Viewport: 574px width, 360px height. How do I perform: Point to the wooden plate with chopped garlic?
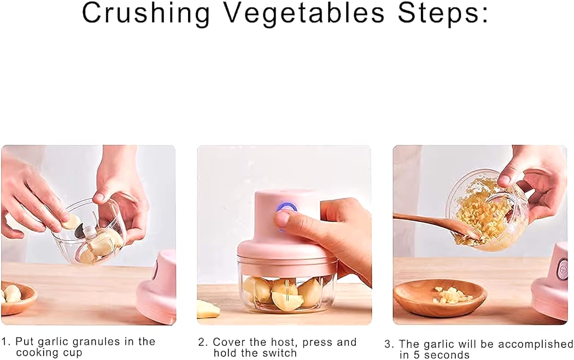(x=440, y=298)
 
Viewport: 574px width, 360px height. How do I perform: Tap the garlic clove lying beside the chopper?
(x=207, y=310)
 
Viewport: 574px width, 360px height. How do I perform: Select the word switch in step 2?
(x=279, y=353)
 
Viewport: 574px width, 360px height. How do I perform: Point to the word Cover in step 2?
(x=229, y=342)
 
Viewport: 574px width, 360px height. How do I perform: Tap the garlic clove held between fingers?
(x=71, y=222)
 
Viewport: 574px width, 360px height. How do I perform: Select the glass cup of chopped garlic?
(x=487, y=211)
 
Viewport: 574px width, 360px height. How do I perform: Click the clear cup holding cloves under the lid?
(x=287, y=293)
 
